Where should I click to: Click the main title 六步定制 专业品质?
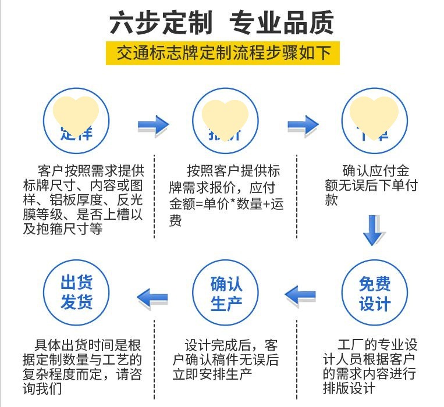(x=222, y=23)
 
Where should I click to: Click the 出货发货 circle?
(x=76, y=293)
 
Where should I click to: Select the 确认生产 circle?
(x=226, y=294)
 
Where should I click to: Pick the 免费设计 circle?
(x=374, y=294)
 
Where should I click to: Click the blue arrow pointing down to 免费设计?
(x=374, y=230)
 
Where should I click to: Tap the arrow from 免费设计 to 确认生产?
(x=300, y=295)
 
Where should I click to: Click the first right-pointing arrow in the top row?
(x=153, y=124)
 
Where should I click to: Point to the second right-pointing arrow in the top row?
(x=303, y=125)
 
